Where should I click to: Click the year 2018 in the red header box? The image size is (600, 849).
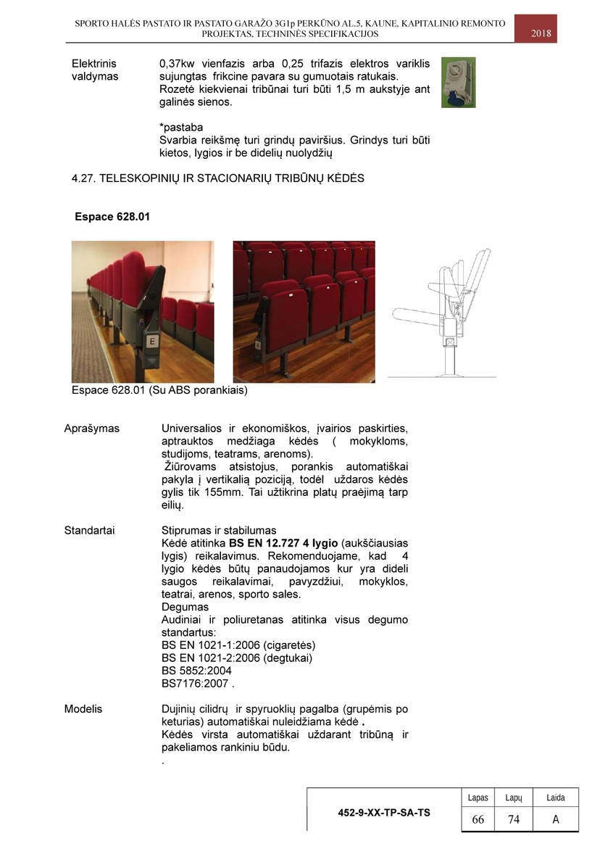pyautogui.click(x=541, y=33)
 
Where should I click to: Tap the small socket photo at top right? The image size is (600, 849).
pyautogui.click(x=458, y=83)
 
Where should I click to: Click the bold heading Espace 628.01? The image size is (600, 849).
pyautogui.click(x=112, y=217)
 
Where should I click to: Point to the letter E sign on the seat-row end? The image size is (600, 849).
pyautogui.click(x=152, y=341)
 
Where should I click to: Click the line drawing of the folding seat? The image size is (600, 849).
pyautogui.click(x=442, y=312)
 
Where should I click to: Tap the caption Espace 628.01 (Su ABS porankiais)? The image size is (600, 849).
pyautogui.click(x=159, y=391)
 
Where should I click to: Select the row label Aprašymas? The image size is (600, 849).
pyautogui.click(x=92, y=428)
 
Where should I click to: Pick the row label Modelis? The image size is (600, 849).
pyautogui.click(x=83, y=708)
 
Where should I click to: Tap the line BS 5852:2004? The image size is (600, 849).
pyautogui.click(x=196, y=671)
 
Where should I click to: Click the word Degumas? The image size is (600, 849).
pyautogui.click(x=185, y=607)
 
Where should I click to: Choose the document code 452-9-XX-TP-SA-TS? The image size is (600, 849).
pyautogui.click(x=383, y=813)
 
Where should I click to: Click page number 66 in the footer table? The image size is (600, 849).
pyautogui.click(x=478, y=819)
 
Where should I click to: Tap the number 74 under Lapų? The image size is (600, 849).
pyautogui.click(x=514, y=819)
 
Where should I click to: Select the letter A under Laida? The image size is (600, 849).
pyautogui.click(x=556, y=819)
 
